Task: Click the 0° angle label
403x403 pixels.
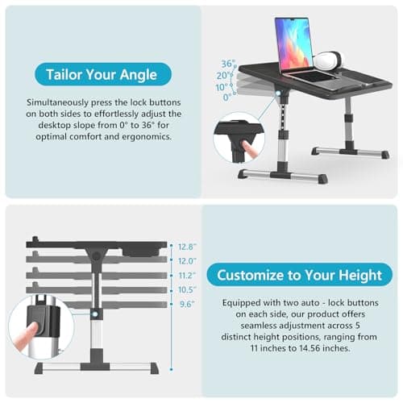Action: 227,97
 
